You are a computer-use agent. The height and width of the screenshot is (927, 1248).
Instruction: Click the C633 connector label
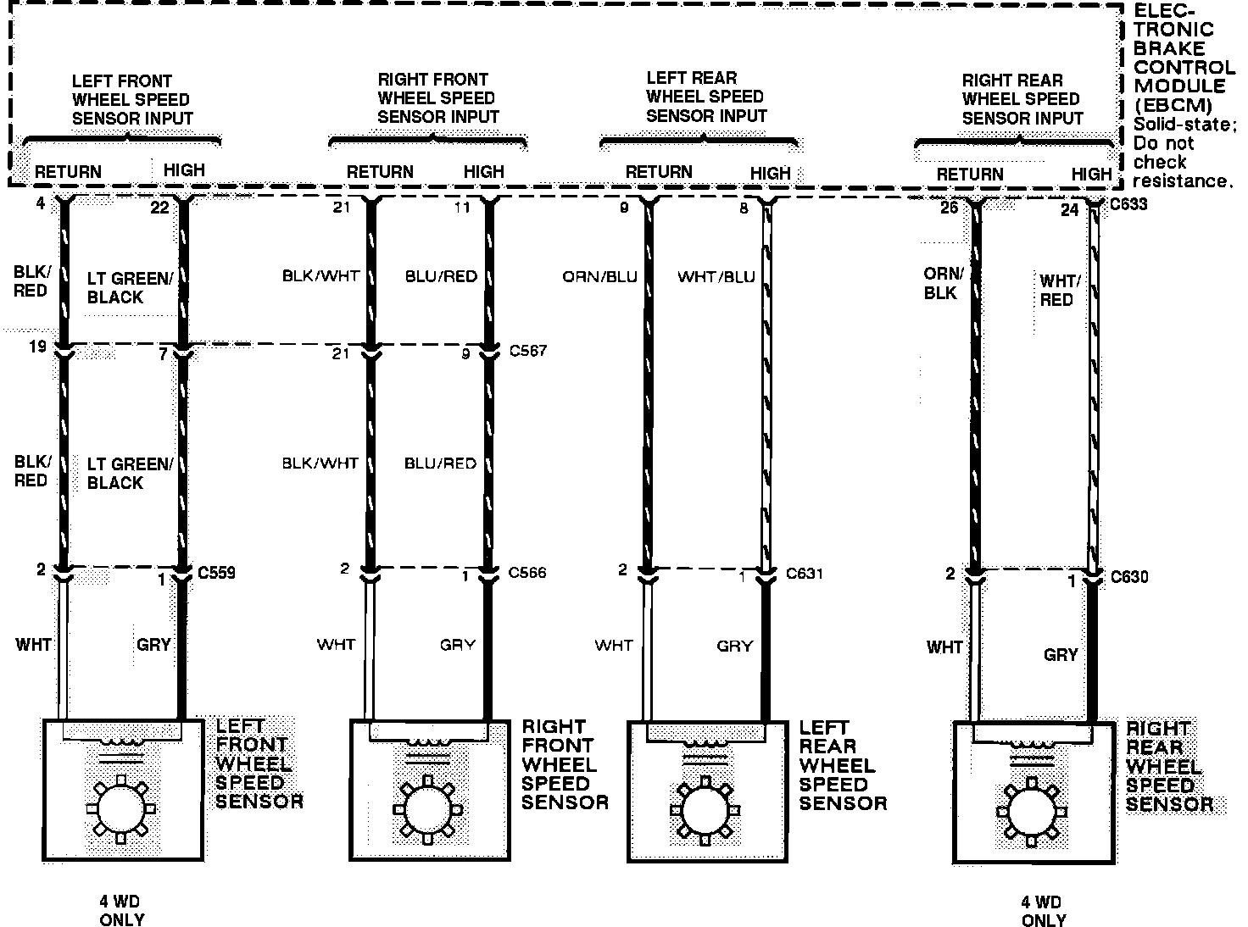1128,204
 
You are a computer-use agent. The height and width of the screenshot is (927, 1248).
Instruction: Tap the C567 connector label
527,350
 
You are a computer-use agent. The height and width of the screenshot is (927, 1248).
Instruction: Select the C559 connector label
216,573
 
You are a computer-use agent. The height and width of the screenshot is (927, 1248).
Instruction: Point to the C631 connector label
805,574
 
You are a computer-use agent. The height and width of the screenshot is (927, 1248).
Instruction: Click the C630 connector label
1129,577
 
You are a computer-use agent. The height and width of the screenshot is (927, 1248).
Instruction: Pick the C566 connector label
527,573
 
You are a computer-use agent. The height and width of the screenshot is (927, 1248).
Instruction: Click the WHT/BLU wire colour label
716,277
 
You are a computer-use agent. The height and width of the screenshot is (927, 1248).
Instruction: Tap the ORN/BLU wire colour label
599,277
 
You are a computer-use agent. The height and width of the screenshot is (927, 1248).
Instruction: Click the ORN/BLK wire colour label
943,284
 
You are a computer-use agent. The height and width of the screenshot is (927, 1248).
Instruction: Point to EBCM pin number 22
159,208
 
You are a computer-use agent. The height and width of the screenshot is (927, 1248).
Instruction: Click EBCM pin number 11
462,207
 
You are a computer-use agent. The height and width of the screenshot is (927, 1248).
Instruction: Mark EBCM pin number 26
950,207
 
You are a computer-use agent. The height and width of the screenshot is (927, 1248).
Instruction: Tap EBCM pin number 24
1070,209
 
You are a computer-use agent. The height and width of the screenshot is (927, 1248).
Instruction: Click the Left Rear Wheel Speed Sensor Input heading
705,97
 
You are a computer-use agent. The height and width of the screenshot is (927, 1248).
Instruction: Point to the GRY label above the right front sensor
458,645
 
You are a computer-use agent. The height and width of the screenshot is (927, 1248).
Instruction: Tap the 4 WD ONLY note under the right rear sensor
1042,911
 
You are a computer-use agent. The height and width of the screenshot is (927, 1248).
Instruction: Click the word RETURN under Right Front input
379,172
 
